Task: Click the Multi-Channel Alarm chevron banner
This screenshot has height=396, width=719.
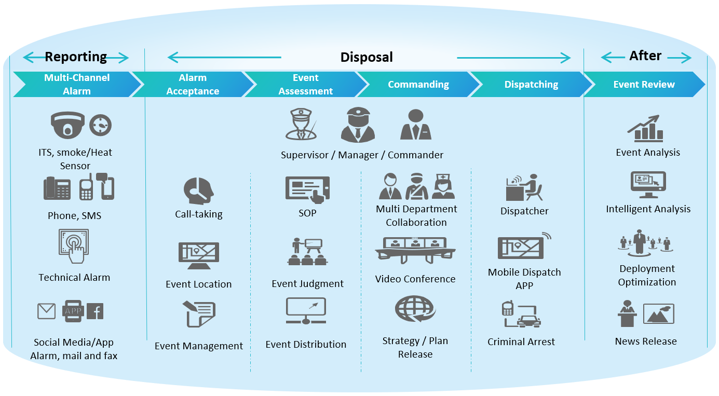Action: [77, 84]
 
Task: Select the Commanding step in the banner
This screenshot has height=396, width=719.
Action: [418, 84]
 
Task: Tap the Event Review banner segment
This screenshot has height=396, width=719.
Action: [644, 84]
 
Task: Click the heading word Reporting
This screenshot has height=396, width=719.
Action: [76, 57]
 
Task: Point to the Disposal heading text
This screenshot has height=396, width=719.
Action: [367, 57]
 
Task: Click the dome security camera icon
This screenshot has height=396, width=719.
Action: [67, 125]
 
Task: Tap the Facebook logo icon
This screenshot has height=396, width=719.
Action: [95, 311]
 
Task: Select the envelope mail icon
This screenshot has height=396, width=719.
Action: [46, 311]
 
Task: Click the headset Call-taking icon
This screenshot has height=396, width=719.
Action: [198, 191]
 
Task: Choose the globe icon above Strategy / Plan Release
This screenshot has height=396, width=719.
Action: [415, 310]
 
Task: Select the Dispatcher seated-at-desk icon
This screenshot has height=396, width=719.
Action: [524, 187]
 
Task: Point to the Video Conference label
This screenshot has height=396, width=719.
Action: [415, 279]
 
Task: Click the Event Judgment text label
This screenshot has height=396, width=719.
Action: [307, 284]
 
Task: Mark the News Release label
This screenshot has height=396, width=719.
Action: [646, 342]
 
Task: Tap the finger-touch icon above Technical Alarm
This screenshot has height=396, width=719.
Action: [74, 247]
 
